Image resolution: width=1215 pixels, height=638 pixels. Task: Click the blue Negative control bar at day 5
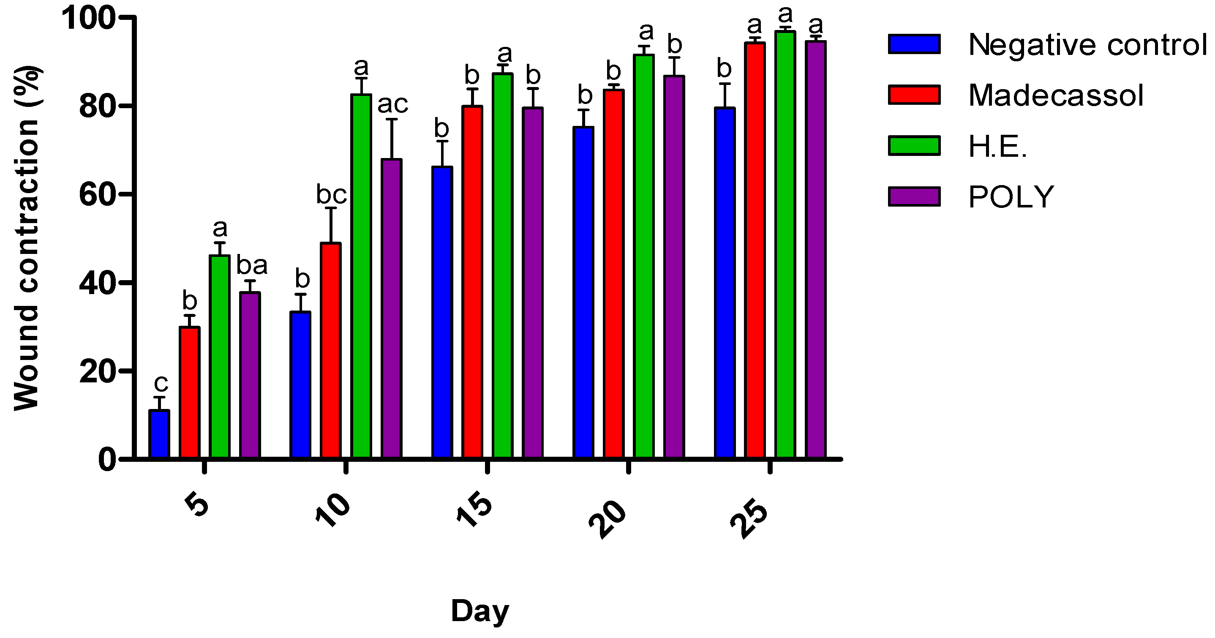[159, 434]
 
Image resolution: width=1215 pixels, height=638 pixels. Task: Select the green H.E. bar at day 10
[361, 276]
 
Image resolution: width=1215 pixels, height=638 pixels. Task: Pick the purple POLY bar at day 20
[674, 267]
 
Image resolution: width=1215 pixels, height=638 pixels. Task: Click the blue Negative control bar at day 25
[725, 283]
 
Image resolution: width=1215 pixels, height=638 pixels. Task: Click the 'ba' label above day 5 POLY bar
[252, 266]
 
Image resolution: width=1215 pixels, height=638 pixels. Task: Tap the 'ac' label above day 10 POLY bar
[392, 104]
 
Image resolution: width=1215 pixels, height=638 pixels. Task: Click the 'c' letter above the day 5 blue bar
[161, 384]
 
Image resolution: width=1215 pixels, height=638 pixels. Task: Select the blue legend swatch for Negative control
[914, 44]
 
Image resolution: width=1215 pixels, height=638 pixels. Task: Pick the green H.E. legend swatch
[914, 145]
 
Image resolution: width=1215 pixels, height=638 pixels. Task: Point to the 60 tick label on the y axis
[97, 194]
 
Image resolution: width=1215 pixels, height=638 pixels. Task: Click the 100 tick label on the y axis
[89, 19]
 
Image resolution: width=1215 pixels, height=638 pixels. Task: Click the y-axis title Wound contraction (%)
[27, 238]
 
